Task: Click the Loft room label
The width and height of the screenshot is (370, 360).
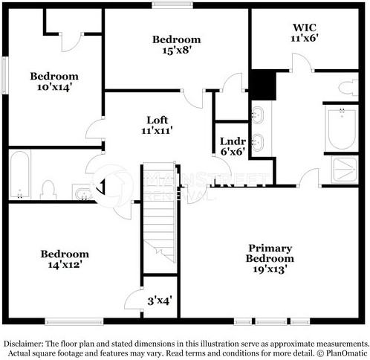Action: click(157, 120)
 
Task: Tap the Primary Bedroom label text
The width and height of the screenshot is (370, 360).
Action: click(270, 253)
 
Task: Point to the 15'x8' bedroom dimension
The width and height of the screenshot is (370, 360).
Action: click(176, 51)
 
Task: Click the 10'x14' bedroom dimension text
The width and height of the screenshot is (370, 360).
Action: click(54, 87)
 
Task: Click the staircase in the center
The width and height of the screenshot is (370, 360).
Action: click(158, 216)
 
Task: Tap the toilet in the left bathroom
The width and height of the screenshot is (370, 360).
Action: click(50, 190)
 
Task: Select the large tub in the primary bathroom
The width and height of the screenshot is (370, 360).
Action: click(342, 128)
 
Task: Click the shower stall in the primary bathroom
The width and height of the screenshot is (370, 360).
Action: click(344, 169)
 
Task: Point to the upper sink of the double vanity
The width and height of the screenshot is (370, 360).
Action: click(258, 115)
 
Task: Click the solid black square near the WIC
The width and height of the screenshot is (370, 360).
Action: click(262, 84)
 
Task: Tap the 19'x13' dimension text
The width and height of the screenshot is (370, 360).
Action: click(270, 269)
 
